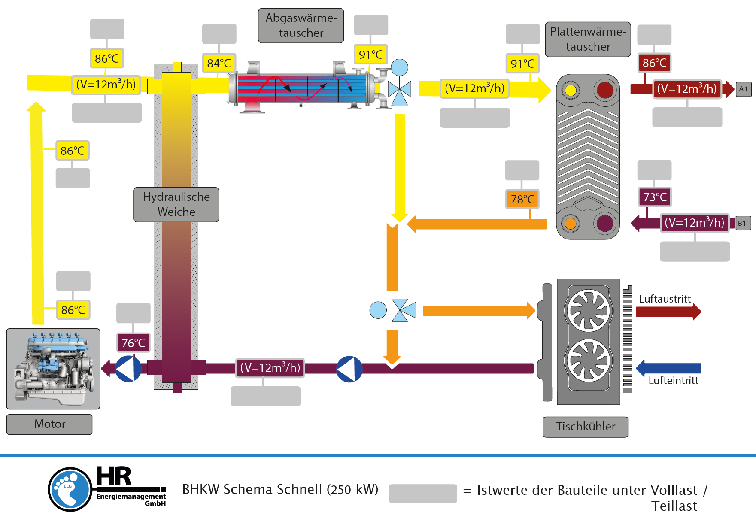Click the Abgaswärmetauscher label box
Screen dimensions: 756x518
301,25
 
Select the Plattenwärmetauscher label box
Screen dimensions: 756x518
588,39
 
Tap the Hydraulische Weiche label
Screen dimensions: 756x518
176,204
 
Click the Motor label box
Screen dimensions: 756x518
49,424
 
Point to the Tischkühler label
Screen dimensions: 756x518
586,427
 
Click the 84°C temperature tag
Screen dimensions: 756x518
219,63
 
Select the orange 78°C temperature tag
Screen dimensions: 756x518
522,199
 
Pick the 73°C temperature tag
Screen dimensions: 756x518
655,197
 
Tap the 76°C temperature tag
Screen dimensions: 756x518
134,343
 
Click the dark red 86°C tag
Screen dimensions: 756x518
654,63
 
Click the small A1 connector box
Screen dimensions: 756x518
744,89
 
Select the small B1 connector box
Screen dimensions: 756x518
743,223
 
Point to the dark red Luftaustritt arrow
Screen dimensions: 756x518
668,312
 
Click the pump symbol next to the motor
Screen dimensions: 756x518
128,368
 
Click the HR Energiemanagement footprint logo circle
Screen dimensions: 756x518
70,489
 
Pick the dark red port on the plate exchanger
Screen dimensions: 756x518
605,90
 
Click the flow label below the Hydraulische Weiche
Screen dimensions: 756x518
270,368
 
